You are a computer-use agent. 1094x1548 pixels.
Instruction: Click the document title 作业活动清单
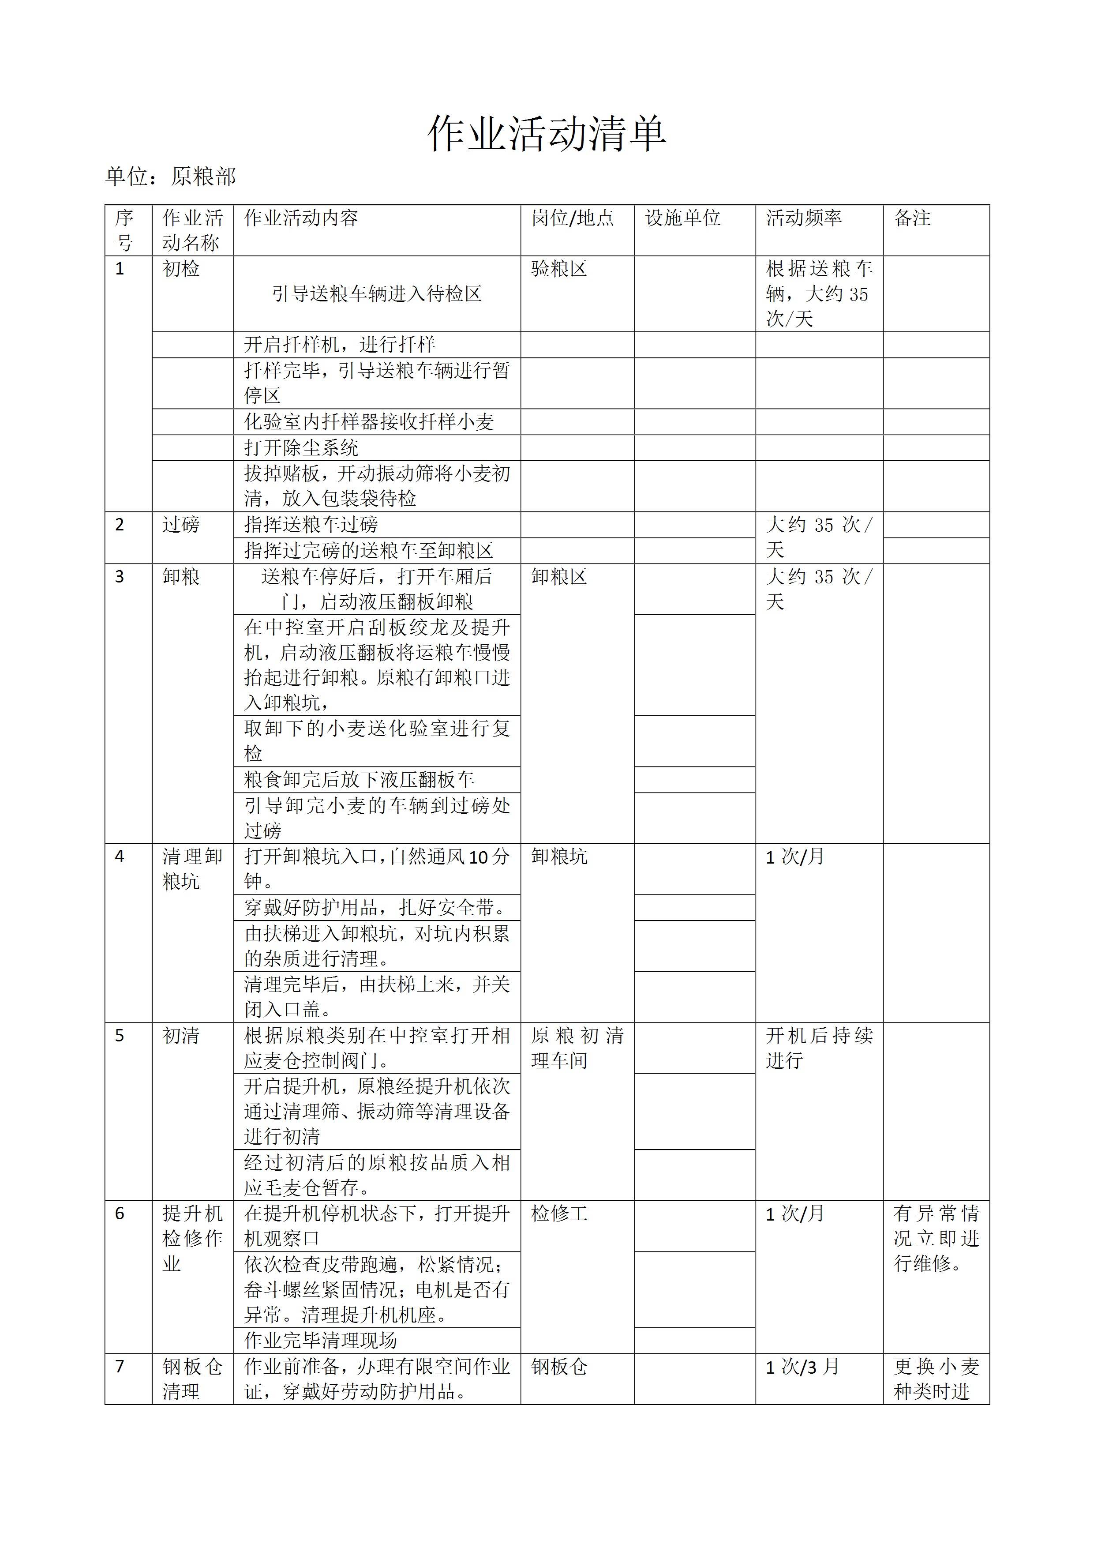pyautogui.click(x=547, y=134)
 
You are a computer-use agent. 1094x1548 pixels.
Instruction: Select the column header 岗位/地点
pyautogui.click(x=572, y=218)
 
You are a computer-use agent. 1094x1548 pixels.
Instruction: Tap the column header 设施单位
pyautogui.click(x=683, y=218)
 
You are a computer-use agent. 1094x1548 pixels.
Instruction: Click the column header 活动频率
pyautogui.click(x=803, y=218)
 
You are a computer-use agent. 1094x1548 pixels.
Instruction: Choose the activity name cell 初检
pyautogui.click(x=181, y=269)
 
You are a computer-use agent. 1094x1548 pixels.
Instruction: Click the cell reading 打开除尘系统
pyautogui.click(x=301, y=448)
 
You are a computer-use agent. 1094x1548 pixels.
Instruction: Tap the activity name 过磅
pyautogui.click(x=181, y=525)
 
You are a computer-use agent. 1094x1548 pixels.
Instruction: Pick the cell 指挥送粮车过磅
pyautogui.click(x=311, y=525)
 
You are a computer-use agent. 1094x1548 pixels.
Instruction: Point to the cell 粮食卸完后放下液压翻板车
pyautogui.click(x=359, y=779)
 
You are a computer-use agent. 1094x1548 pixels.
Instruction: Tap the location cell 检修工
pyautogui.click(x=559, y=1214)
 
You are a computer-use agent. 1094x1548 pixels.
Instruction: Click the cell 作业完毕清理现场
pyautogui.click(x=320, y=1340)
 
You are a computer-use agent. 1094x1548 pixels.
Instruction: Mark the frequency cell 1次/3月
pyautogui.click(x=802, y=1367)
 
